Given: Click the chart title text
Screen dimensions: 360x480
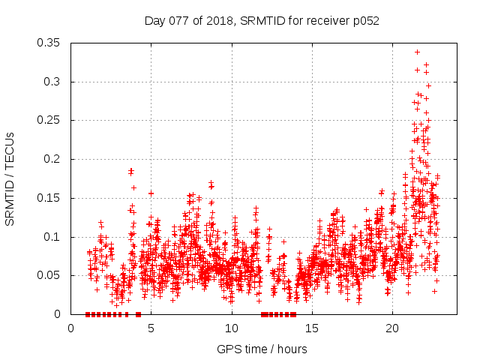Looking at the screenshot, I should (262, 21).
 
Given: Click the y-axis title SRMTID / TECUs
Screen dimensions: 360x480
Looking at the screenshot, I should (10, 178).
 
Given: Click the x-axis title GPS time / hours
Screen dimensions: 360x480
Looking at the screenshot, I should (262, 349).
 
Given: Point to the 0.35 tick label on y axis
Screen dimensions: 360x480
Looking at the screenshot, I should (49, 43).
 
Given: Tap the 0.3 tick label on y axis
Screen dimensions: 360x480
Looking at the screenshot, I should (52, 82).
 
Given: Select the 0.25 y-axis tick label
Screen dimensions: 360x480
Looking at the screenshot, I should (49, 120).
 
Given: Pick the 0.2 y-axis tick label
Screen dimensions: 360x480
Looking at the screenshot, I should (52, 159).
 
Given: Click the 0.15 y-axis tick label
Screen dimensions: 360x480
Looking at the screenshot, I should (49, 198).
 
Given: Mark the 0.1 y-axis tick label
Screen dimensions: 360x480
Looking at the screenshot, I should (52, 237).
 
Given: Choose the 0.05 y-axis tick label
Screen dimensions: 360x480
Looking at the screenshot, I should (49, 275).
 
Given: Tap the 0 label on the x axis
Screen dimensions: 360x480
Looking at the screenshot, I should (71, 328).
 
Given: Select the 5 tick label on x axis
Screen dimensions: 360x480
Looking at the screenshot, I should (151, 328).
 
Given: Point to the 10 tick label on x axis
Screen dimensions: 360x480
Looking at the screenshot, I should (232, 328).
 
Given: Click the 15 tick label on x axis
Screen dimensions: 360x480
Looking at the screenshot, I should (312, 328).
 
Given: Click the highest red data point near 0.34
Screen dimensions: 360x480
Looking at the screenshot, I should (417, 52).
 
